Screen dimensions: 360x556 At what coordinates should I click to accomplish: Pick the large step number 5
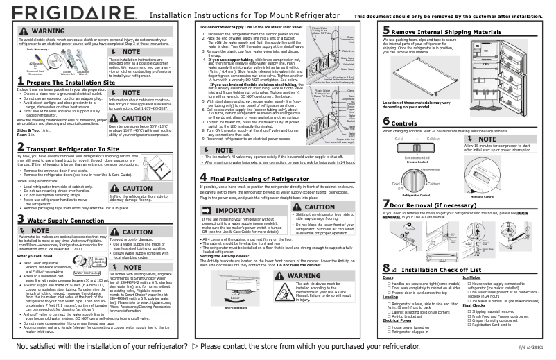pyautogui.click(x=386, y=31)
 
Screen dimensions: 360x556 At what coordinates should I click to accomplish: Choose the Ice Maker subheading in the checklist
pyautogui.click(x=471, y=277)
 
